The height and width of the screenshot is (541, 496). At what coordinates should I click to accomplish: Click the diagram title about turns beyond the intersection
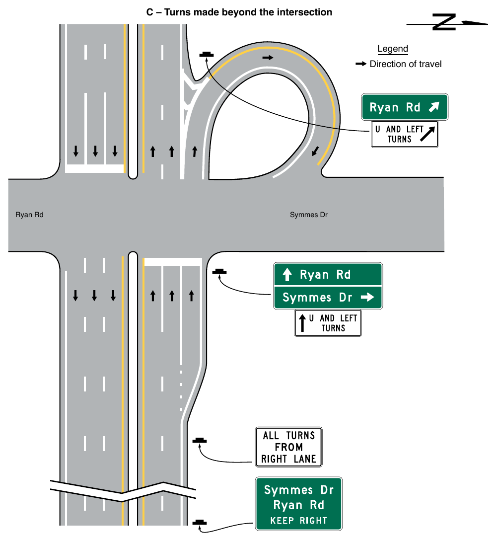[x=239, y=12]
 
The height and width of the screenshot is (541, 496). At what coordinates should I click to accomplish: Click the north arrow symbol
[x=447, y=22]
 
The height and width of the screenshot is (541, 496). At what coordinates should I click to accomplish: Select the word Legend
[x=393, y=49]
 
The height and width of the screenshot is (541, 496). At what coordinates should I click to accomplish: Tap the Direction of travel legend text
[x=406, y=64]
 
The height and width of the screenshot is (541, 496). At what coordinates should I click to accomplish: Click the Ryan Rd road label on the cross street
[x=29, y=215]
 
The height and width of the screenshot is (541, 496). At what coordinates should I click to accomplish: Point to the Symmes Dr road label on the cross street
[x=309, y=215]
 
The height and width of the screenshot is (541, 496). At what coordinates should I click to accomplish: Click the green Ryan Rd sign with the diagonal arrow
[x=405, y=107]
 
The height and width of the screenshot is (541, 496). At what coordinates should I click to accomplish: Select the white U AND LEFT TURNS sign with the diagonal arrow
[x=405, y=134]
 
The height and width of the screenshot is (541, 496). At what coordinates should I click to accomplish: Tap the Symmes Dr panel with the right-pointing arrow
[x=328, y=298]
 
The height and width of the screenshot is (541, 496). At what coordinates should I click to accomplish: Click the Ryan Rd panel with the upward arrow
[x=328, y=275]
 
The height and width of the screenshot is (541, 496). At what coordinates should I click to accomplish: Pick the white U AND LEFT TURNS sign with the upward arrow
[x=328, y=323]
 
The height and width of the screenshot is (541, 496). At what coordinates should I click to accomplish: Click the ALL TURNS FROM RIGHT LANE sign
[x=288, y=447]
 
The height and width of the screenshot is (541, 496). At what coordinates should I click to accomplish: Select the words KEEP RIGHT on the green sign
[x=298, y=520]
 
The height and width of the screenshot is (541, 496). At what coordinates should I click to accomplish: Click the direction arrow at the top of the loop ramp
[x=268, y=57]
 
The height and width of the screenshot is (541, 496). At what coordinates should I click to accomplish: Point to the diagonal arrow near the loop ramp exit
[x=315, y=151]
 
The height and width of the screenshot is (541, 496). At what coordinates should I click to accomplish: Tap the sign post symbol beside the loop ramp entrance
[x=206, y=55]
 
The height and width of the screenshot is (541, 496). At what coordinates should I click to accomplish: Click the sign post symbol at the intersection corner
[x=219, y=272]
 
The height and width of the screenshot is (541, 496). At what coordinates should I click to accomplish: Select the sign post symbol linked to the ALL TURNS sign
[x=200, y=441]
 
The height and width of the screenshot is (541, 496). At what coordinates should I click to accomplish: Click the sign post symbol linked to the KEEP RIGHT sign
[x=200, y=522]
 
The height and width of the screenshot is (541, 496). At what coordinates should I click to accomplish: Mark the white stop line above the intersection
[x=94, y=169]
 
